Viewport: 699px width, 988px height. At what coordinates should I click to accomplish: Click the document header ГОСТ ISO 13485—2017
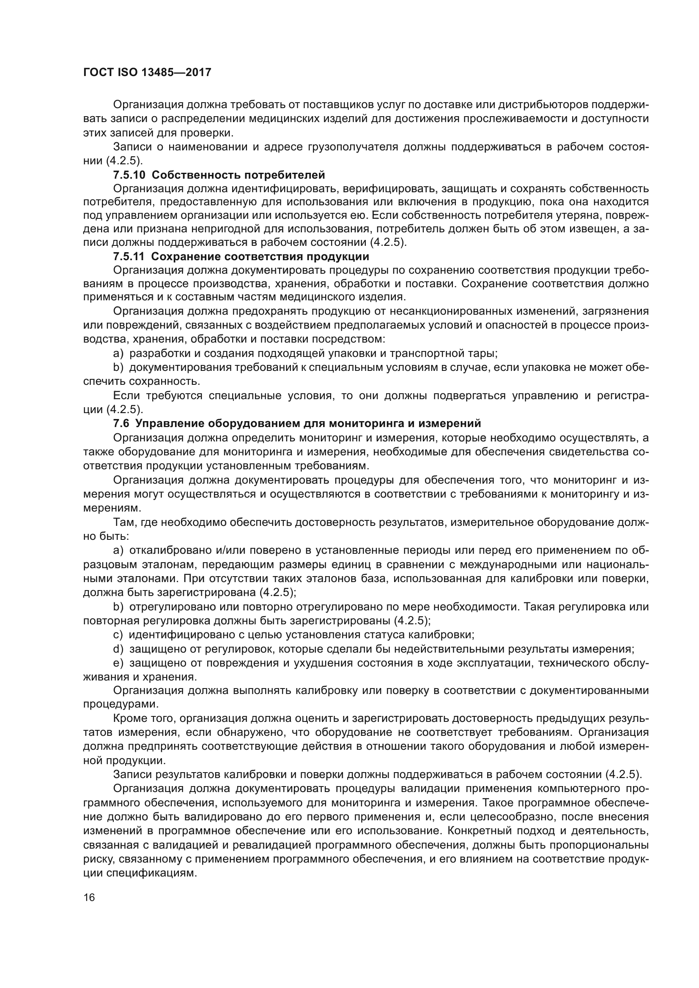(x=147, y=72)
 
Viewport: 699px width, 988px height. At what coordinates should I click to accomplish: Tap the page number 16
(x=89, y=897)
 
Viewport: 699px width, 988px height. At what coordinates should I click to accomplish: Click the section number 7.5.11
(x=129, y=257)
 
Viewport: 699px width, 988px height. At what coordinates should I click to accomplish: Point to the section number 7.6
(x=121, y=423)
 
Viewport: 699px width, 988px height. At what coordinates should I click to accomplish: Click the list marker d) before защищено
(x=118, y=649)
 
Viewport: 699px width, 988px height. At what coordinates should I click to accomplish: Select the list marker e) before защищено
(x=118, y=663)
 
